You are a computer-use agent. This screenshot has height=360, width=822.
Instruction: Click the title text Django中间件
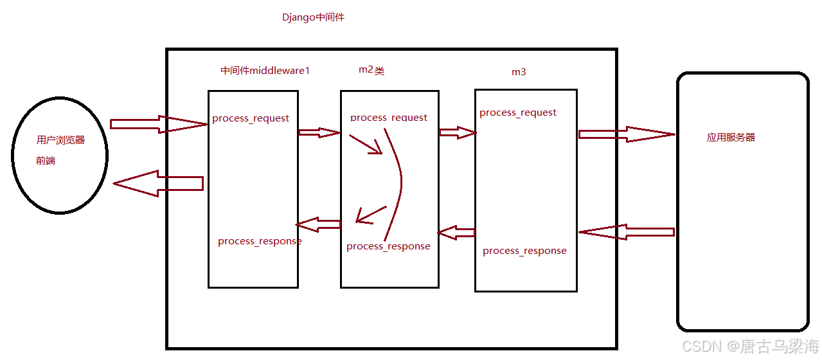pyautogui.click(x=313, y=17)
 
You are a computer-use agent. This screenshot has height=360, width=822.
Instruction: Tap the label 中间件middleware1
pyautogui.click(x=265, y=71)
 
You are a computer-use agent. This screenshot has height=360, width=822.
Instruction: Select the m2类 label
pyautogui.click(x=371, y=70)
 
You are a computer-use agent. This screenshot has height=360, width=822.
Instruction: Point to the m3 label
pyautogui.click(x=519, y=72)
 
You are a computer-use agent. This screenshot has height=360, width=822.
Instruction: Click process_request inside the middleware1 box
pyautogui.click(x=251, y=118)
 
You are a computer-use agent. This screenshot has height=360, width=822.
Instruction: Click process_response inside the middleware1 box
pyautogui.click(x=260, y=241)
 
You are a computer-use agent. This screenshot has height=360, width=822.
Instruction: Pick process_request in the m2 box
pyautogui.click(x=389, y=118)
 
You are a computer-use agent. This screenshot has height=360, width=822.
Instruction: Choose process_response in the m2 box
pyautogui.click(x=388, y=246)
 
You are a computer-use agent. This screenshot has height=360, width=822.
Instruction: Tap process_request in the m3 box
pyautogui.click(x=518, y=113)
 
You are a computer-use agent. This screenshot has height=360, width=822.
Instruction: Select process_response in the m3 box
pyautogui.click(x=524, y=251)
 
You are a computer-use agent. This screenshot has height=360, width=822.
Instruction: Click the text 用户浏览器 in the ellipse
pyautogui.click(x=60, y=139)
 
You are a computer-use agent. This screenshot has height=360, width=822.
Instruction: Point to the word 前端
pyautogui.click(x=46, y=161)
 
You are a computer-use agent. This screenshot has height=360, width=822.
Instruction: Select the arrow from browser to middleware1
pyautogui.click(x=158, y=124)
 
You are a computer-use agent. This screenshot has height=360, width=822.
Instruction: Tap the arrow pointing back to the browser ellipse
pyautogui.click(x=158, y=183)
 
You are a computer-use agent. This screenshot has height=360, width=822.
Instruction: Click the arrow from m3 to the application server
pyautogui.click(x=626, y=134)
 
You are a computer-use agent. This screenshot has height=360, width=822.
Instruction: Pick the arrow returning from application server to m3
pyautogui.click(x=626, y=232)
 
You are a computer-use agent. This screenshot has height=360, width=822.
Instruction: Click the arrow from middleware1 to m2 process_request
pyautogui.click(x=319, y=132)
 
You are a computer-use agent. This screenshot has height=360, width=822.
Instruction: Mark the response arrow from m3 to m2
pyautogui.click(x=456, y=232)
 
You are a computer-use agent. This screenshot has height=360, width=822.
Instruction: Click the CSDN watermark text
pyautogui.click(x=750, y=347)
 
